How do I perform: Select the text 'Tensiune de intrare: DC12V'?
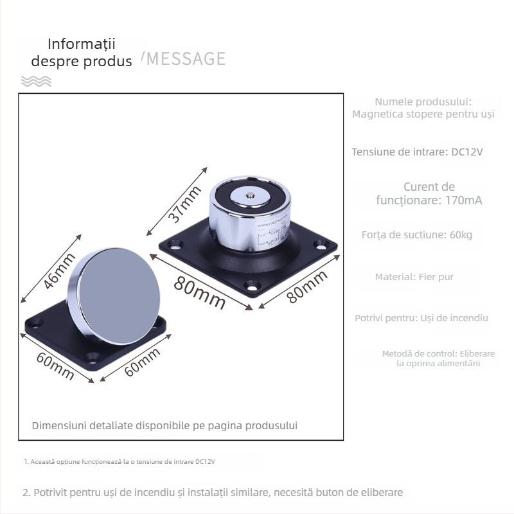417,152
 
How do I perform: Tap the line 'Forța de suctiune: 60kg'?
417,235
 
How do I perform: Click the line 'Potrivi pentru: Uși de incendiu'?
421,318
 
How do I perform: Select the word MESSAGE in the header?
186,59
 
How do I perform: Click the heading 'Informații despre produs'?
82,53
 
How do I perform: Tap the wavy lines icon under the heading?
36,81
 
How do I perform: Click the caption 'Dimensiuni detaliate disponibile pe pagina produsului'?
165,425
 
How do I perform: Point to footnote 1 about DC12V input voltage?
120,462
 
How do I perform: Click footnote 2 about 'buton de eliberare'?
213,493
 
